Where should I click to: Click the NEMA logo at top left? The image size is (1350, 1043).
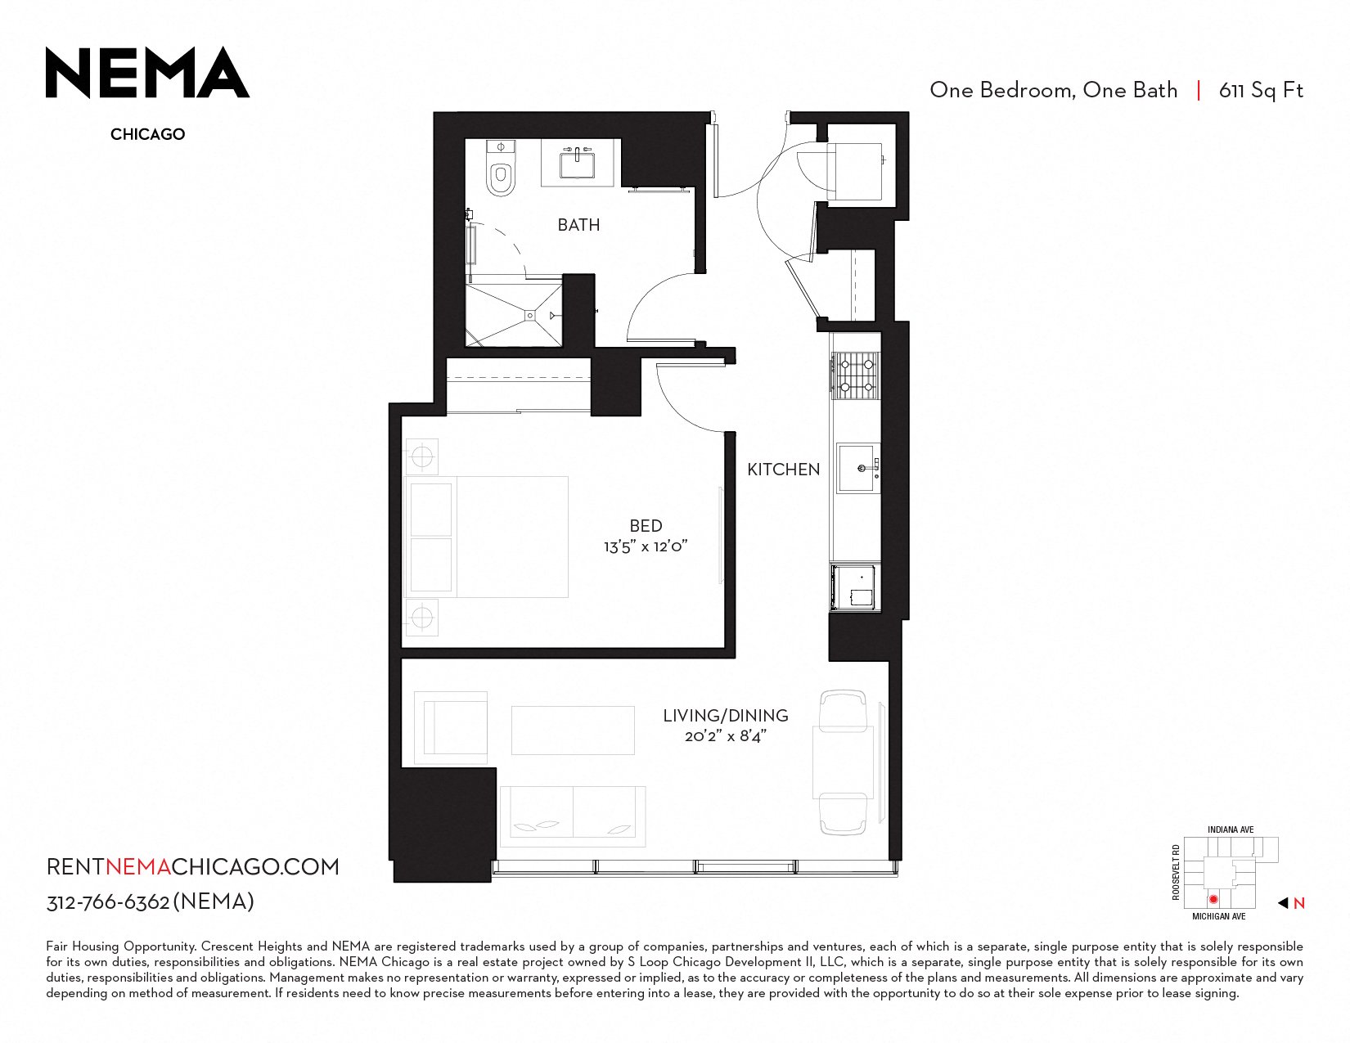click(147, 73)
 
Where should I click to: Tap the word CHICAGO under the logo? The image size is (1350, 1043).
click(148, 134)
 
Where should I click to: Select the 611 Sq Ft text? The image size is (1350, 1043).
click(1261, 91)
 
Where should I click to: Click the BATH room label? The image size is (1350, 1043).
click(578, 225)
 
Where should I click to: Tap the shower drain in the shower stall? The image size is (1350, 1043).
click(530, 316)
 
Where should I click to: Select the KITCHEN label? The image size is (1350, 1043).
click(784, 470)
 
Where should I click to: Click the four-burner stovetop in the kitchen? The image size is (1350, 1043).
click(856, 375)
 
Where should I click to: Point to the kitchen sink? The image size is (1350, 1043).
click(858, 468)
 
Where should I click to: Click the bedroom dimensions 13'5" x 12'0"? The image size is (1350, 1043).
click(646, 546)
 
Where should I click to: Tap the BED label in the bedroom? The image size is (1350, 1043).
click(646, 526)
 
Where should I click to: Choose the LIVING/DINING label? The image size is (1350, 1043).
click(726, 716)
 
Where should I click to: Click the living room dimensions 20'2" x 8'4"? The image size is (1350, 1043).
click(726, 737)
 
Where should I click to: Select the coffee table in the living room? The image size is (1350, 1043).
click(573, 730)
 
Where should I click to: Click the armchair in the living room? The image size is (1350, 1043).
click(451, 727)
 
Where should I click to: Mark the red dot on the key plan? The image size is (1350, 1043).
click(1213, 899)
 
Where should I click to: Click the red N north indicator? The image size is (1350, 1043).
click(1299, 904)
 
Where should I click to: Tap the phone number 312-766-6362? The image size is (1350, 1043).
click(108, 902)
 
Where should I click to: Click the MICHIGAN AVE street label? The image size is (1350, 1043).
click(1219, 916)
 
